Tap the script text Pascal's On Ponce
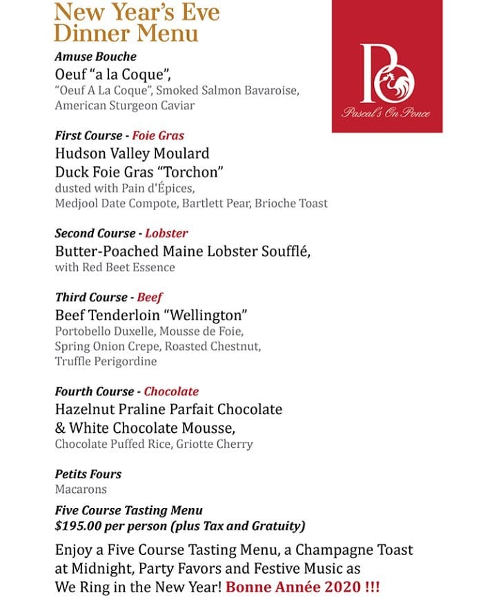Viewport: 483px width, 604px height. pos(386,112)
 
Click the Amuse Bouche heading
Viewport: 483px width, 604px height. pos(95,57)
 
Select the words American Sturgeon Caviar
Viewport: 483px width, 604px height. pos(125,106)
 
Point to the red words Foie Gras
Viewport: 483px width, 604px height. pos(158,136)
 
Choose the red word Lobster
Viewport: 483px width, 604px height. pos(166,233)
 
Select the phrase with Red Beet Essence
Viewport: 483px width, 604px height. pos(115,267)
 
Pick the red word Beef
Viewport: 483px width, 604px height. pos(150,298)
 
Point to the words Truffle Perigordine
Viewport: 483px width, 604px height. pos(106,362)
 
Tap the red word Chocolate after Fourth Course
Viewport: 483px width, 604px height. pos(171,391)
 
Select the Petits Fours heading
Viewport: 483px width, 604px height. pos(88,474)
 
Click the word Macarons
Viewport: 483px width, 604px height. pos(80,489)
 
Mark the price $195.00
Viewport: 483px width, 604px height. pos(80,526)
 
